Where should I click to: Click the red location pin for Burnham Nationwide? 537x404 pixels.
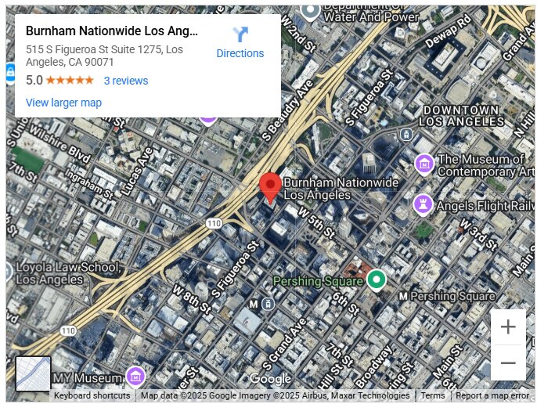click(270, 186)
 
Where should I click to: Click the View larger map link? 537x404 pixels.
click(63, 103)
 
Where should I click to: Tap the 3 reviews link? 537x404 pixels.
click(126, 81)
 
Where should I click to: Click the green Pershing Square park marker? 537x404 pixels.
click(377, 279)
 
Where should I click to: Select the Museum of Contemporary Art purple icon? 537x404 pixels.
click(423, 164)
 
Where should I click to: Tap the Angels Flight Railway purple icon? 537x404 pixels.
click(423, 204)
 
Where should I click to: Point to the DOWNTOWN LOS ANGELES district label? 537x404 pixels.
click(461, 116)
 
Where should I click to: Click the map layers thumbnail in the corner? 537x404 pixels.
click(33, 373)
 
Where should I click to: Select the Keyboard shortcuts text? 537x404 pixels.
click(92, 396)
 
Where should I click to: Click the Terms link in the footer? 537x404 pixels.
click(433, 396)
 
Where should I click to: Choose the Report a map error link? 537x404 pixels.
click(492, 396)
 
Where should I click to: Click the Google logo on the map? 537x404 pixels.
click(269, 380)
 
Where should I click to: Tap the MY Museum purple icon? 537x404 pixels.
click(135, 377)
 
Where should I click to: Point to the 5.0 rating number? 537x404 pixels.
click(34, 81)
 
